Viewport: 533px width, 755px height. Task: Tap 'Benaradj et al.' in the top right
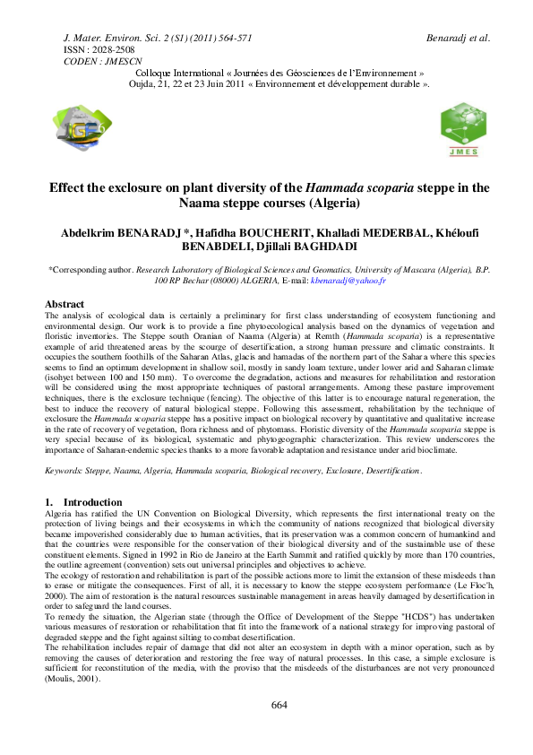tap(460, 38)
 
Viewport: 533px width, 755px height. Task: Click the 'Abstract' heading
tap(64, 304)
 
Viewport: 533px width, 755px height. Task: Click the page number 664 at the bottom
tap(279, 730)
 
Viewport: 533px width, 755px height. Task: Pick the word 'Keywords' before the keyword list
tap(62, 469)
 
